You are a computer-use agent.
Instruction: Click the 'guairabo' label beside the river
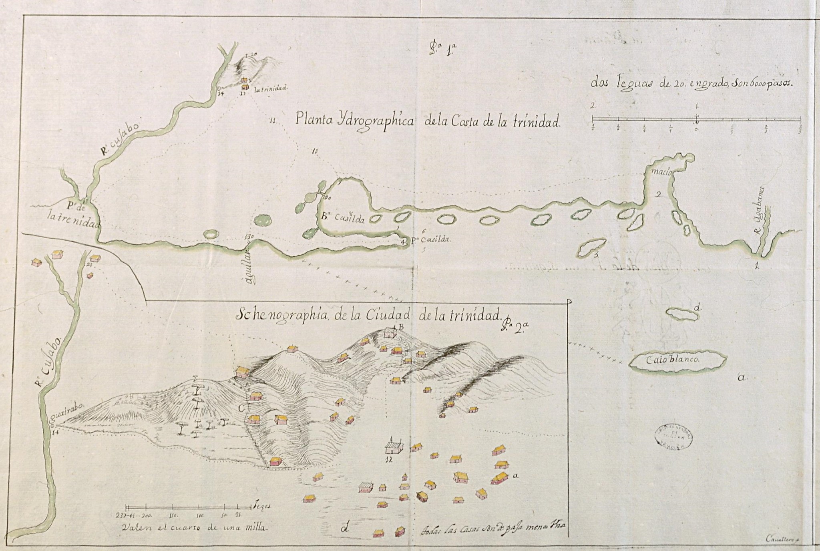70,418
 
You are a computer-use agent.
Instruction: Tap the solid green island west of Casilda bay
262,220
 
